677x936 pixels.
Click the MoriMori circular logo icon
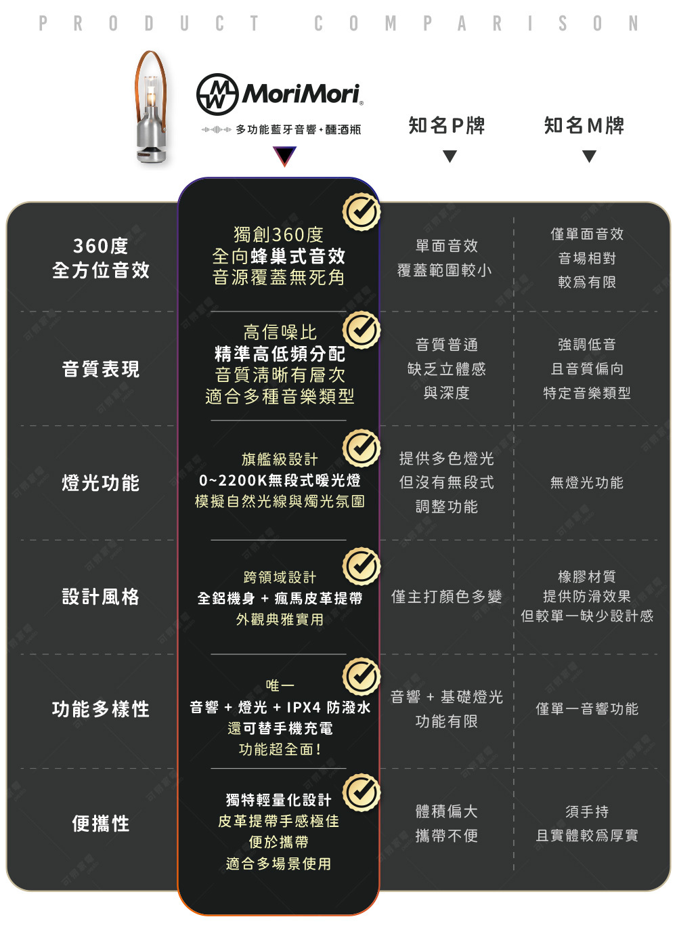pos(217,94)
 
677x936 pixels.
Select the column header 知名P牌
pos(447,126)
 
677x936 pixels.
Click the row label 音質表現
pos(101,369)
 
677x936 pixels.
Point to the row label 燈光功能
pos(101,483)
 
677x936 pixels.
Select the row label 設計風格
pos(101,597)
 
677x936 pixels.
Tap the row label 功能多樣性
pos(101,709)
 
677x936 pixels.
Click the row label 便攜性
pos(101,824)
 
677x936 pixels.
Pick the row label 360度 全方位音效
pos(101,258)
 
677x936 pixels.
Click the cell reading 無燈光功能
pos(587,483)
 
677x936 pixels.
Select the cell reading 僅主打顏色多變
pos(447,597)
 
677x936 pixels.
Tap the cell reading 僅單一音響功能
pos(587,709)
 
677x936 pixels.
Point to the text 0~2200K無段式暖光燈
pos(280,481)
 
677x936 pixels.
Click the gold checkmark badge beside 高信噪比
pos(362,330)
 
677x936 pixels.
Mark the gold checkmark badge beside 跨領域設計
pos(362,566)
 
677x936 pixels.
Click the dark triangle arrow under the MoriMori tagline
pos(285,156)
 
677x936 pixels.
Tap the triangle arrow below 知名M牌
pos(589,156)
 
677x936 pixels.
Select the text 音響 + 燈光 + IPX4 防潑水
pos(280,708)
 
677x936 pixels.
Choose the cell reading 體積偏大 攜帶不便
pos(447,824)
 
